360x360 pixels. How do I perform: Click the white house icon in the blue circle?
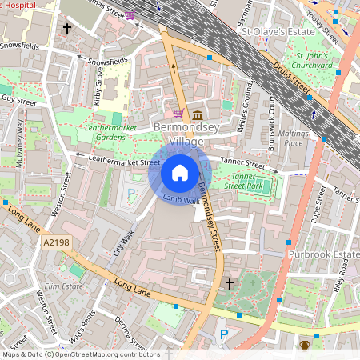[x=180, y=172]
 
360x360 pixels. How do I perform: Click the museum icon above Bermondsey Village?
[x=197, y=115]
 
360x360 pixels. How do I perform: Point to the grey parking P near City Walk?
[x=131, y=193]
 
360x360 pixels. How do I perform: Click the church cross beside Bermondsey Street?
[x=230, y=284]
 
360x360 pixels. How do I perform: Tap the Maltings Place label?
[x=294, y=138]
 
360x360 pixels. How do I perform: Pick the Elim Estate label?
[x=64, y=286]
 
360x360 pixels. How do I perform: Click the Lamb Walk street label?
[x=181, y=199]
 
